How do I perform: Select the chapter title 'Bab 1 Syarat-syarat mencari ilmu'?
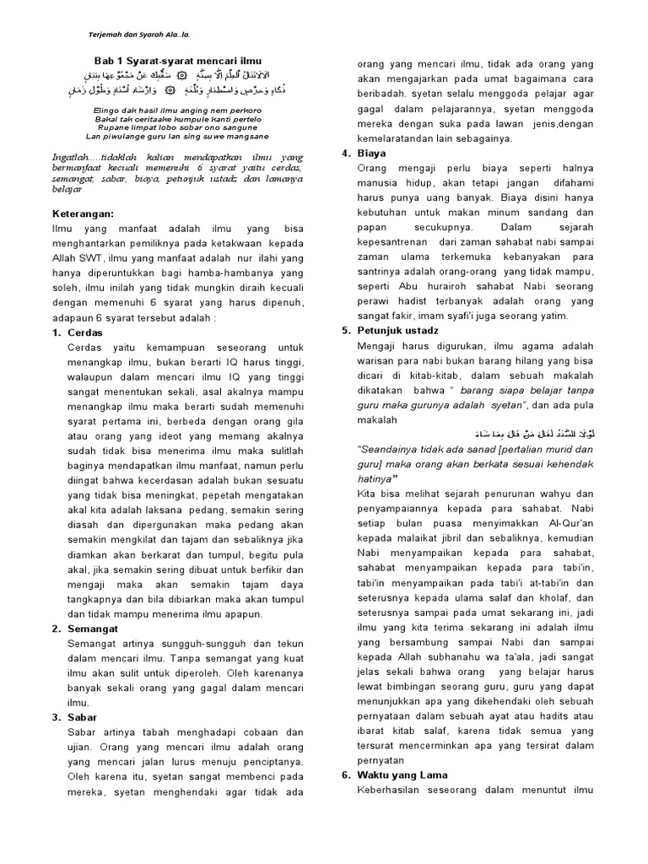coord(177,62)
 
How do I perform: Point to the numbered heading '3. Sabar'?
coord(78,717)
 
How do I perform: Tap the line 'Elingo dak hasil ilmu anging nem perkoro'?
coord(177,111)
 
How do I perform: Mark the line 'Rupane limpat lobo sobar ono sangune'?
coord(177,127)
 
